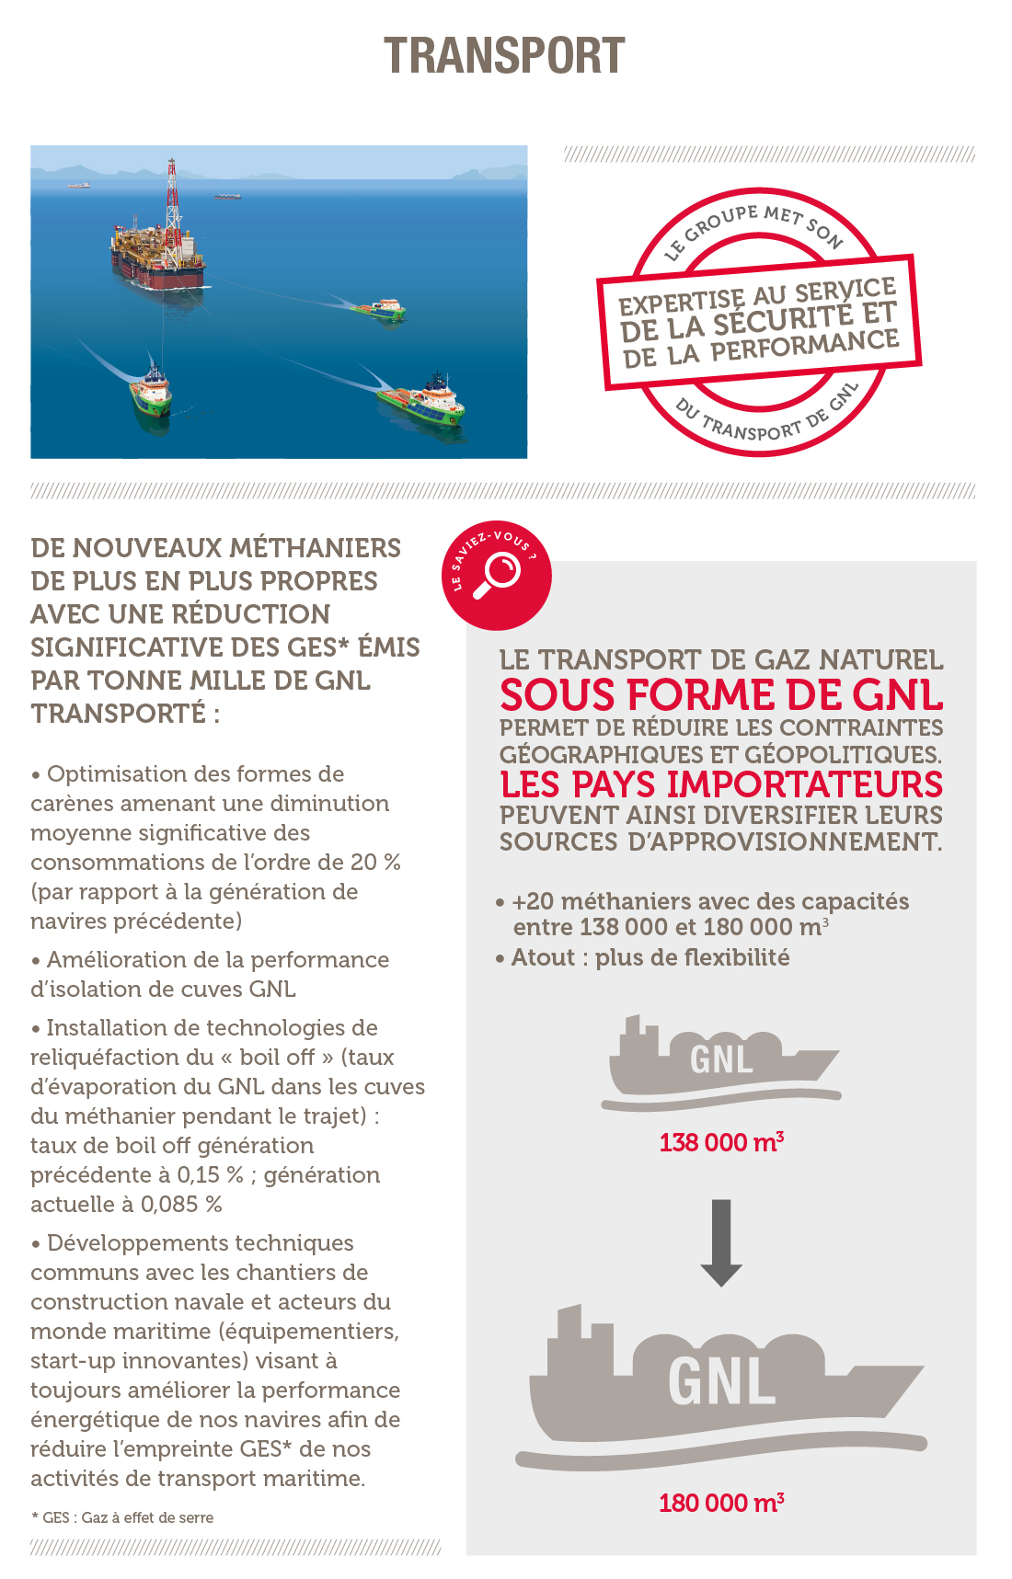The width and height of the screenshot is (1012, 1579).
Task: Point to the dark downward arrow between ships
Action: pos(721,1241)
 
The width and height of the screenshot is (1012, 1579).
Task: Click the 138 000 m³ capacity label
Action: pos(721,1142)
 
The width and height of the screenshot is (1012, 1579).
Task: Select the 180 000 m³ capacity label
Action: pos(721,1503)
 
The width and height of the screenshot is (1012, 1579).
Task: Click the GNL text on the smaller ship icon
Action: pos(721,1059)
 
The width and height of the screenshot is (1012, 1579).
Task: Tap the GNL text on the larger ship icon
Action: pos(721,1381)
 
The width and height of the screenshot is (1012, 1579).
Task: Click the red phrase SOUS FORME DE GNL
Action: pos(721,695)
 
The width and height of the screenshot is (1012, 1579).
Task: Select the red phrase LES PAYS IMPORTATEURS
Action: pos(721,784)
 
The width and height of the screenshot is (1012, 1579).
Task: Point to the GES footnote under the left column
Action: pos(122,1517)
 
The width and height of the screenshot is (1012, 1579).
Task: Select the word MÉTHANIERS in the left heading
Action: pos(315,548)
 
